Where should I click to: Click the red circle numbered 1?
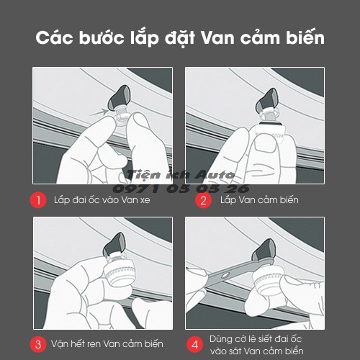point(41,199)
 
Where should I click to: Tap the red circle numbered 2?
point(204,199)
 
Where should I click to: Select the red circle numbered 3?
point(41,342)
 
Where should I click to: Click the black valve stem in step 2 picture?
point(272,92)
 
